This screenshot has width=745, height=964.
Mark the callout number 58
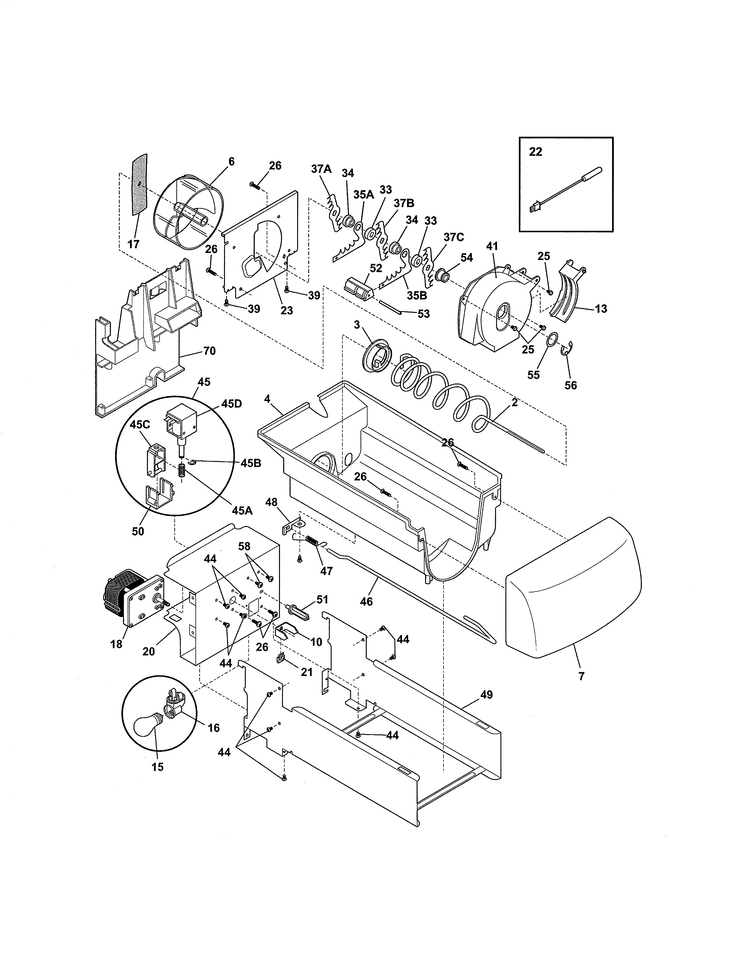click(x=244, y=546)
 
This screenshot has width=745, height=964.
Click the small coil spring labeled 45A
click(x=181, y=472)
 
